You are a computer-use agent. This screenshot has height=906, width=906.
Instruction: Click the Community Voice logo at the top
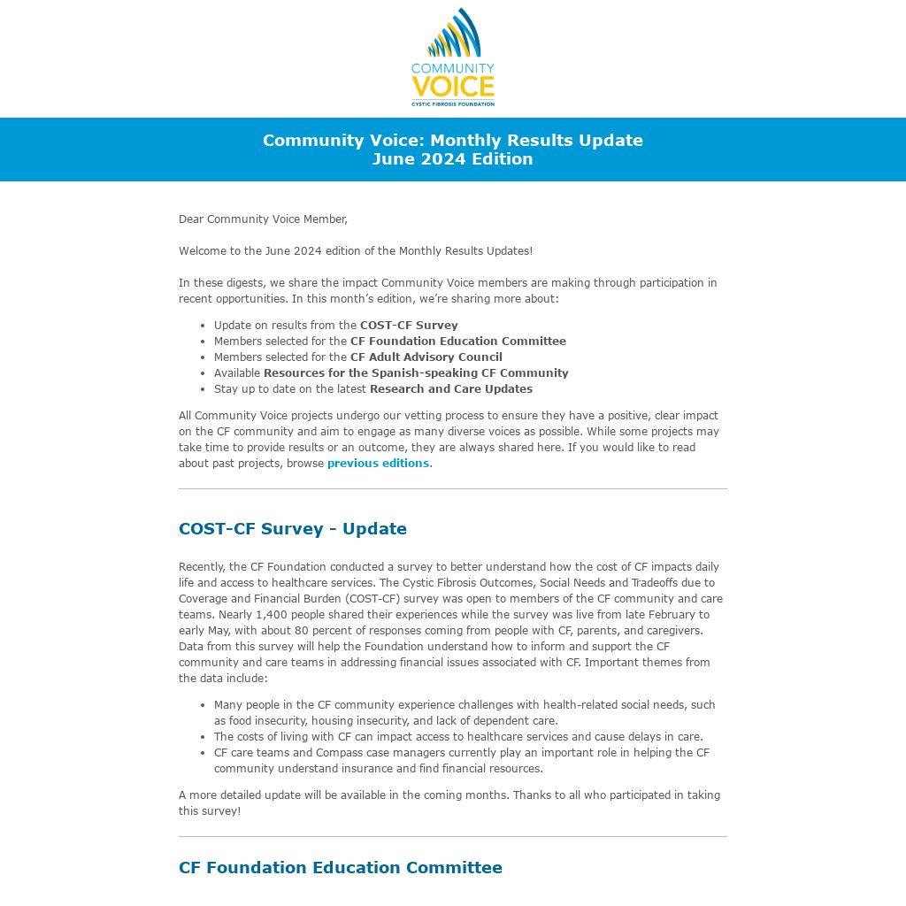(452, 57)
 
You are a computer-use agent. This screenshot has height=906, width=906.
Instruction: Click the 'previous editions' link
(378, 463)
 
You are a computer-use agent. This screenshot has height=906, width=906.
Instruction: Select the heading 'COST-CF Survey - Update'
(293, 528)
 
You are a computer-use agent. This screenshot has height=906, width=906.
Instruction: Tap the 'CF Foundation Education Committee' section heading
(341, 867)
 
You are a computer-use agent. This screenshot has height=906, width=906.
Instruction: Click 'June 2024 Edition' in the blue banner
(452, 159)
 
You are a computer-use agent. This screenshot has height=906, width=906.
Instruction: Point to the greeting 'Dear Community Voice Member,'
(263, 219)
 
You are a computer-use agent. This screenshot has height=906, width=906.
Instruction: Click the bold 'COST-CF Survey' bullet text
(409, 325)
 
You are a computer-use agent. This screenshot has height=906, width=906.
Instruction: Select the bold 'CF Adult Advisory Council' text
(426, 357)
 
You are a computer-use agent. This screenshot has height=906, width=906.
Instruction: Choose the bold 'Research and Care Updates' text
(451, 388)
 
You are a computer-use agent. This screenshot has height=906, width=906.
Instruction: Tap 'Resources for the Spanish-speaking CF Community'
(416, 372)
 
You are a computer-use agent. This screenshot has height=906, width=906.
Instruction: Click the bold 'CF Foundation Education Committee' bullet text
(458, 341)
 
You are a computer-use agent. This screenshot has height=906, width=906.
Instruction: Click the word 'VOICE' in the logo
(452, 87)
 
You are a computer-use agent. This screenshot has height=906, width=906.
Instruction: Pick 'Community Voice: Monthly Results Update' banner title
(452, 140)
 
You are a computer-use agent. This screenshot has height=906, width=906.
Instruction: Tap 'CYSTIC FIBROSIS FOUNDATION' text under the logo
(452, 104)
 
